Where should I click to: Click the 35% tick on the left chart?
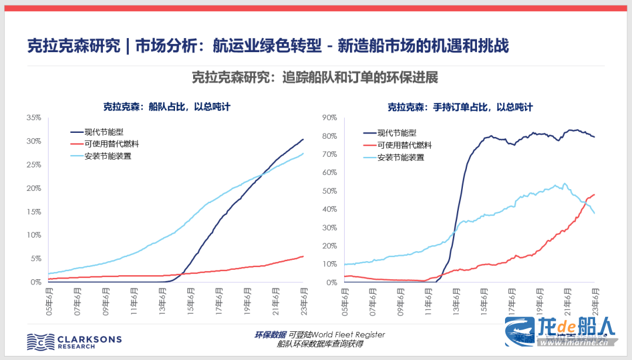click(x=33, y=118)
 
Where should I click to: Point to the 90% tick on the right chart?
click(x=329, y=118)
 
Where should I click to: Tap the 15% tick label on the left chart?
click(x=33, y=211)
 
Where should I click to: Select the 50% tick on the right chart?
click(x=329, y=191)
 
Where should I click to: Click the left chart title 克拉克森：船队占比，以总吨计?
click(x=167, y=107)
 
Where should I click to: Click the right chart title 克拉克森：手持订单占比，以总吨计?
click(x=460, y=107)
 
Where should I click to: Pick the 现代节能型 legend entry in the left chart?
click(x=104, y=132)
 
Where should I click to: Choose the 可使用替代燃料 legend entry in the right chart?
click(x=404, y=145)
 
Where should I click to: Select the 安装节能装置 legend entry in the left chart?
click(x=108, y=156)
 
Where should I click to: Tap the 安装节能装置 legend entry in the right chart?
click(x=400, y=157)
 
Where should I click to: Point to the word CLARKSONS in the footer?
click(x=89, y=338)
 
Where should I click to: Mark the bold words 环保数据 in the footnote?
click(x=270, y=335)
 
